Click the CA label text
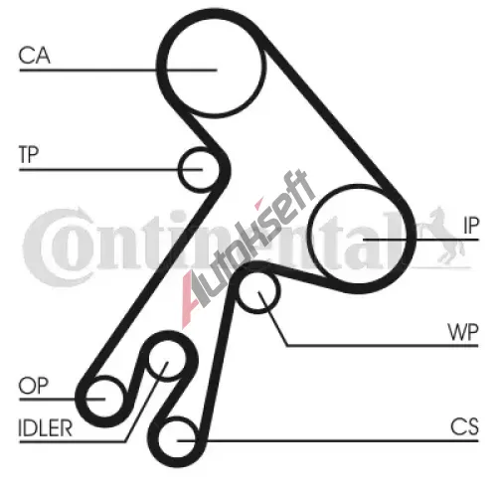[35, 56]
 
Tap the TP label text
[29, 154]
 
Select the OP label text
[34, 386]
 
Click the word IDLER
[45, 428]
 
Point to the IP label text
[471, 226]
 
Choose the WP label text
[463, 332]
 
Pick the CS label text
[464, 426]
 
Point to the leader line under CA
[118, 71]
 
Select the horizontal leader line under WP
[383, 346]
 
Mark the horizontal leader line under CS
[328, 441]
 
